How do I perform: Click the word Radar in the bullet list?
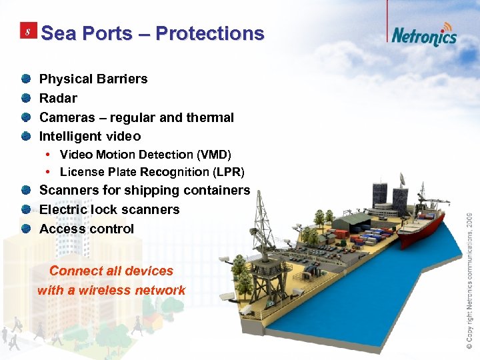pos(58,98)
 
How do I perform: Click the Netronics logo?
pos(423,35)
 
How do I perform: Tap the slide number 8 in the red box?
pos(27,33)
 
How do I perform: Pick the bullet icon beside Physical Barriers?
pos(25,79)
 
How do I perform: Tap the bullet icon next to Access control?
pos(25,229)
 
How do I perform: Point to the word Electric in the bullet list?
pos(63,209)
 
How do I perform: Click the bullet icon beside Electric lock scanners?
pos(25,209)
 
